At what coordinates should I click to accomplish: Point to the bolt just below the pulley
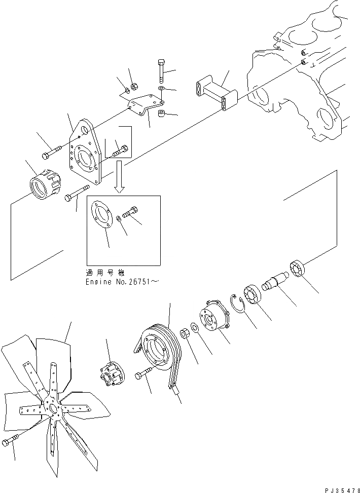click(x=142, y=375)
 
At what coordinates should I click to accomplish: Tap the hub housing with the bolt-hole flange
click(x=212, y=320)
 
